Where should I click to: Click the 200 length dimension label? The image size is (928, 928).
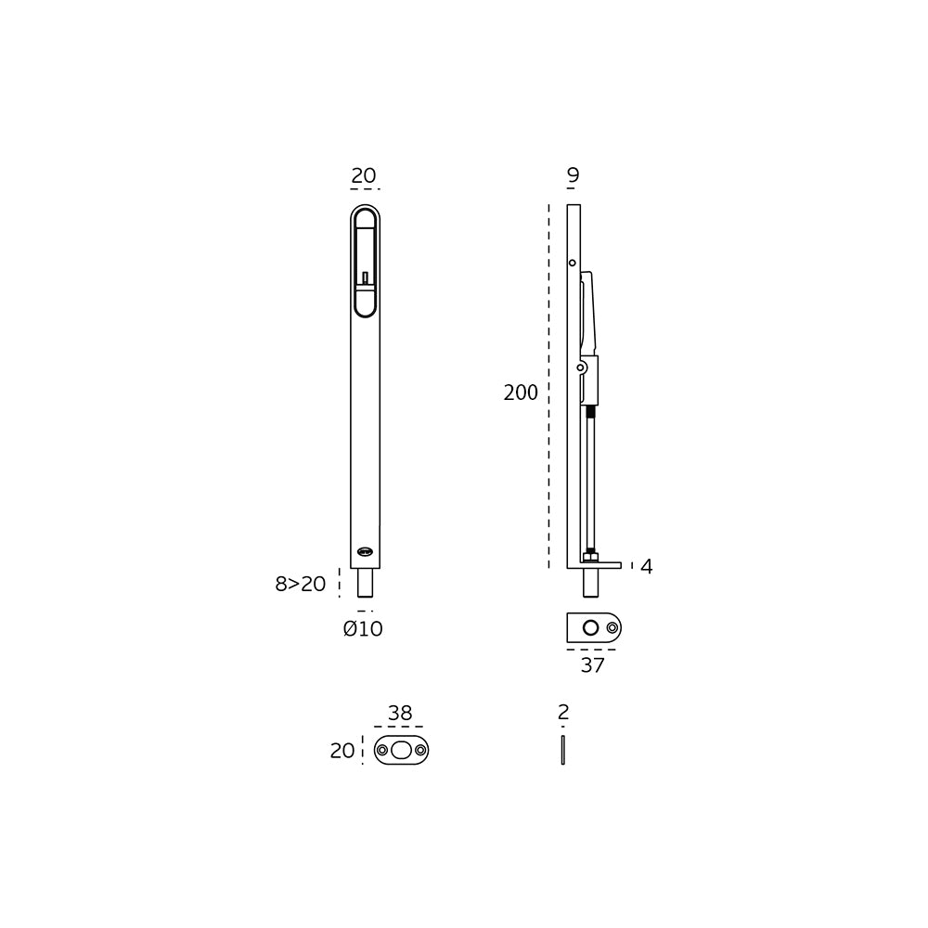[x=521, y=393]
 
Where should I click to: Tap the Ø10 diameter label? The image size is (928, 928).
[x=363, y=629]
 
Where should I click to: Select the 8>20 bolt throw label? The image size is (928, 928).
[x=301, y=584]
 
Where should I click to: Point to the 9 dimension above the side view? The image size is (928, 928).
[x=573, y=175]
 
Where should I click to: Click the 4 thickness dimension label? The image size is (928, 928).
[x=646, y=566]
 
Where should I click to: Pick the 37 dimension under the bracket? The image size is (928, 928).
[x=592, y=664]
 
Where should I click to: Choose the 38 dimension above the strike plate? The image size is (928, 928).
[x=400, y=714]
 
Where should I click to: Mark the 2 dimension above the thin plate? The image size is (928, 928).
[x=563, y=713]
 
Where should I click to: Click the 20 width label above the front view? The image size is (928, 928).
[x=364, y=175]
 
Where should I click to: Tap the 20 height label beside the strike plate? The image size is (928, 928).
[x=342, y=751]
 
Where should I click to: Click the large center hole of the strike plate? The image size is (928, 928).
[x=401, y=750]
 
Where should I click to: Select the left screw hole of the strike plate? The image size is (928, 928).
[x=382, y=750]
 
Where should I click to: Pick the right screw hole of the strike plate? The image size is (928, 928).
[x=420, y=750]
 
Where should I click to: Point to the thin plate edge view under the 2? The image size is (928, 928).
[x=563, y=750]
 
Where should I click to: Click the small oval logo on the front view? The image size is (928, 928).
[x=365, y=552]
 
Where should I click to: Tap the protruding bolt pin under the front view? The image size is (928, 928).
[x=366, y=584]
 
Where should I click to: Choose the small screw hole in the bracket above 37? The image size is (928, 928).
[x=612, y=628]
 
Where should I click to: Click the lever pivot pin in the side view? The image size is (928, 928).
[x=581, y=368]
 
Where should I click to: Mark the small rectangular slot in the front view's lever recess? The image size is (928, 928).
[x=366, y=276]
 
